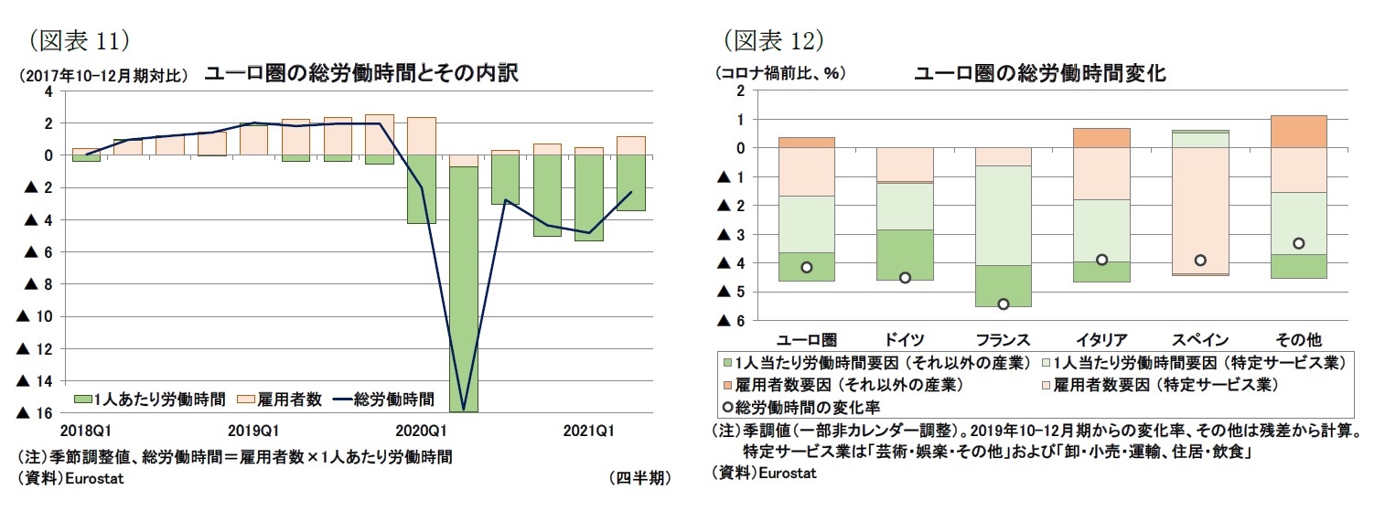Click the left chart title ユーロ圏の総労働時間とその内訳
[360, 74]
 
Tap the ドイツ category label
[905, 338]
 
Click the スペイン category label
[1200, 338]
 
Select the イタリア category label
[1101, 338]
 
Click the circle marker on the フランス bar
[1003, 304]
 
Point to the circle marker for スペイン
[1199, 261]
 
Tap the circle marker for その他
[1297, 243]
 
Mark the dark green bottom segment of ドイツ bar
[905, 254]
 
